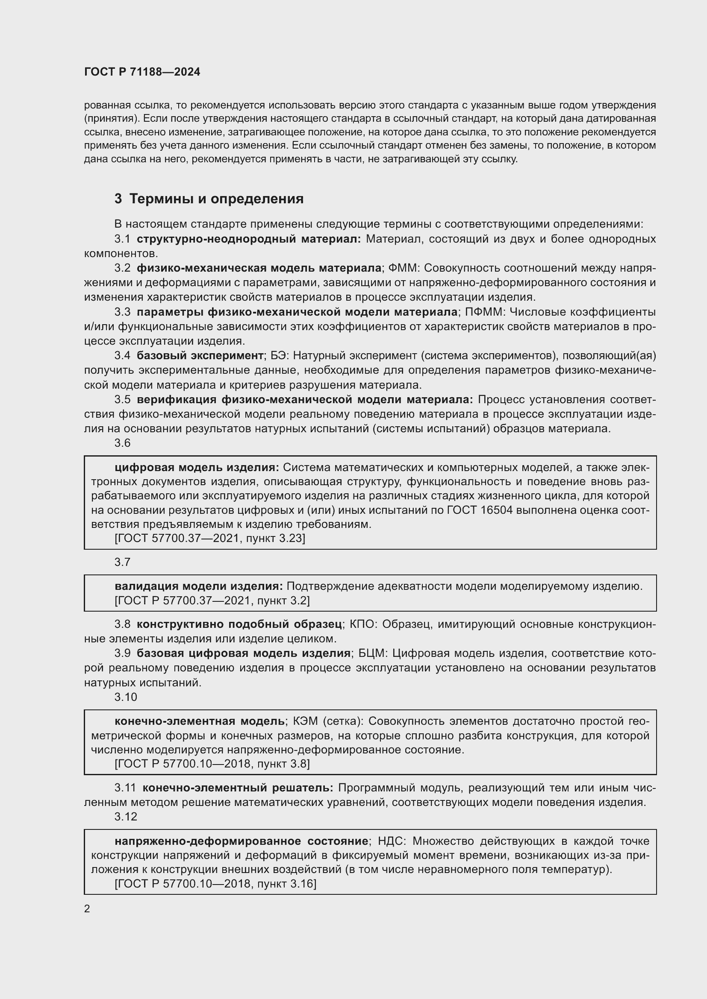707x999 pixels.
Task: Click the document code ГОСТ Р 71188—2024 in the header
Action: (x=142, y=72)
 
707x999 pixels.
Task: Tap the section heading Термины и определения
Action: (x=216, y=199)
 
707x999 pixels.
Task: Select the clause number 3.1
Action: (x=122, y=239)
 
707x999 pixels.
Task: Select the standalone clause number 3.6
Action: (x=122, y=443)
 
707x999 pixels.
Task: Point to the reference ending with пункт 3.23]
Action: (x=210, y=538)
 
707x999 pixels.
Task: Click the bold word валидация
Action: (x=146, y=586)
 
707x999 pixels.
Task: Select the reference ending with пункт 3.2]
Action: (x=212, y=601)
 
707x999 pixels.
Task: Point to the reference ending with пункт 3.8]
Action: (x=212, y=764)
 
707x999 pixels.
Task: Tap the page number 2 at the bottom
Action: (x=87, y=908)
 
